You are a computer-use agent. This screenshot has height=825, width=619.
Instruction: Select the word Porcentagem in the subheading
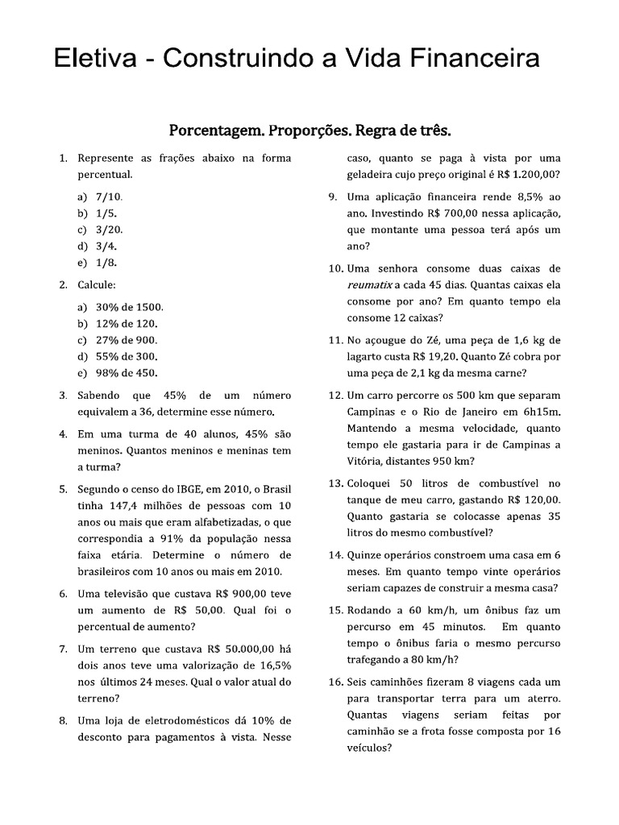click(214, 129)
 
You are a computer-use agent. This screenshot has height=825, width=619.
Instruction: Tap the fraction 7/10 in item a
click(108, 197)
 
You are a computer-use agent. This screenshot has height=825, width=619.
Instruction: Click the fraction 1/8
click(106, 263)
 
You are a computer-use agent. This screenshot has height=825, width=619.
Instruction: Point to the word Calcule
click(97, 285)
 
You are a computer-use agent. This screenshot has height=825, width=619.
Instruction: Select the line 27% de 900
click(127, 340)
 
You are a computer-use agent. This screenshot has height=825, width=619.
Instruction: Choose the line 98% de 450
click(127, 373)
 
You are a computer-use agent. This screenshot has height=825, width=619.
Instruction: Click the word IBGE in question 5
click(189, 489)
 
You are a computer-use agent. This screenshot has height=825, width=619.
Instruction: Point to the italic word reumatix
click(369, 285)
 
